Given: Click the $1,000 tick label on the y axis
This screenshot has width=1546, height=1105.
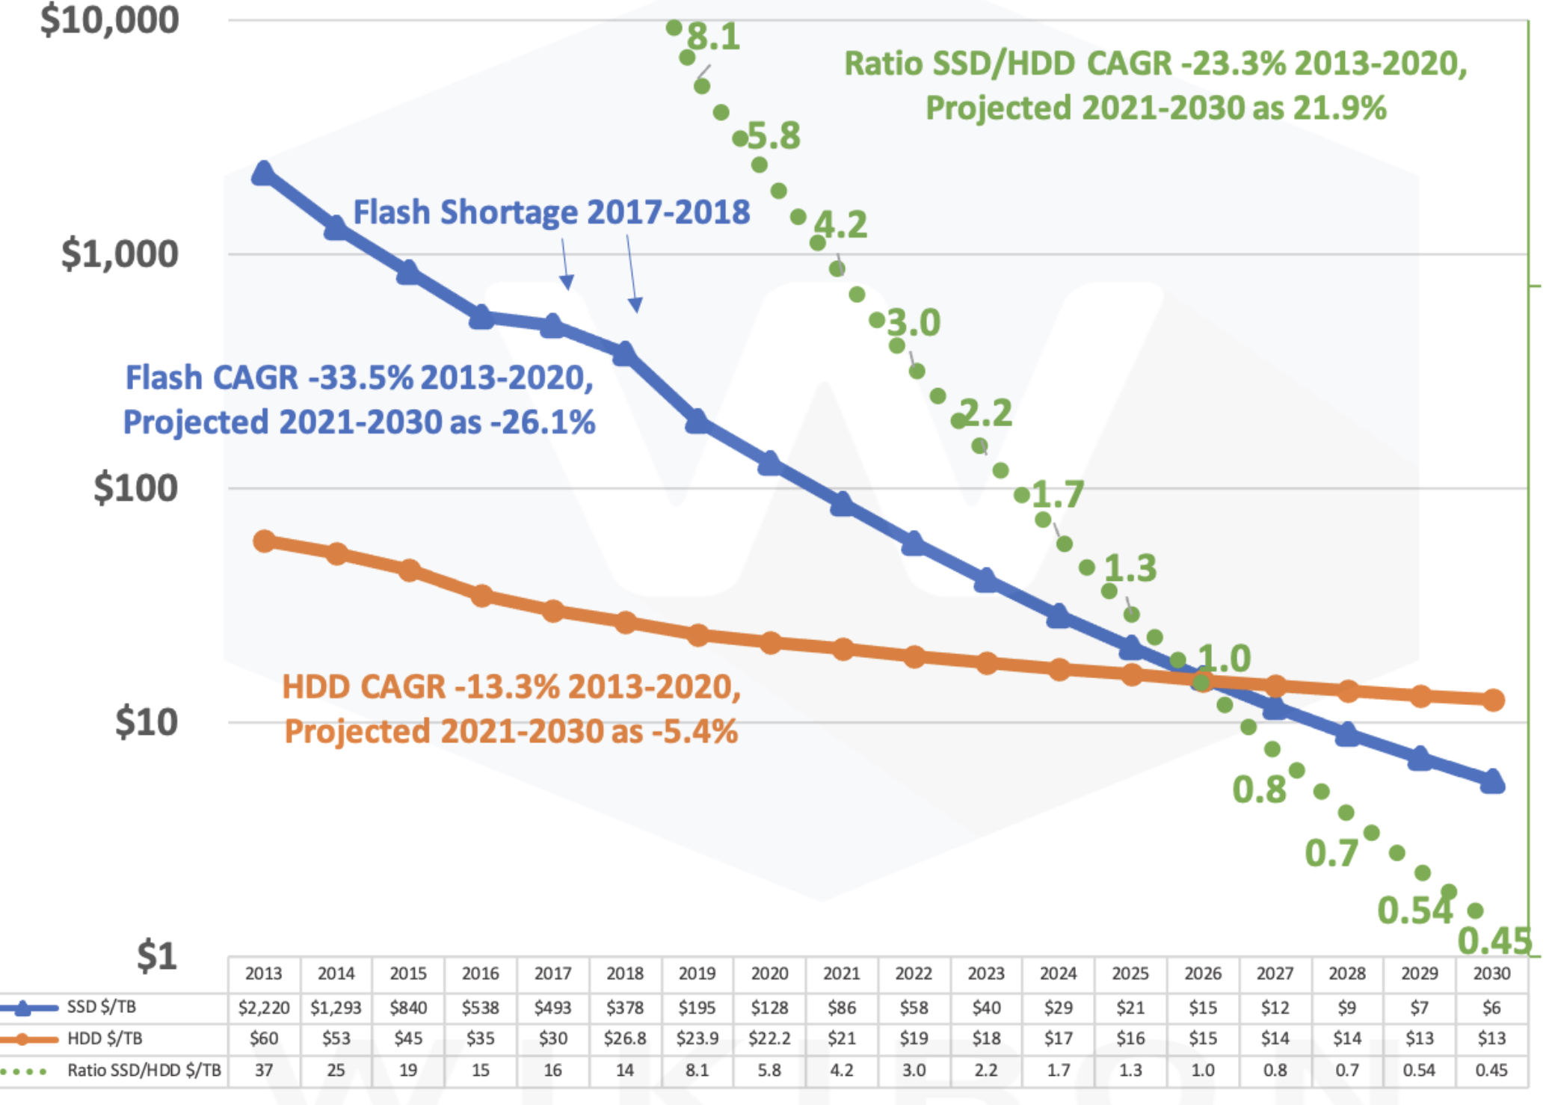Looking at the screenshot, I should click(x=120, y=254).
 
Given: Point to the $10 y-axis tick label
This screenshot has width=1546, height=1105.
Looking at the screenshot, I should click(x=146, y=722).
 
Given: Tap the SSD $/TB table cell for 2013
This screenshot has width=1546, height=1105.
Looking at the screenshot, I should click(x=264, y=1008).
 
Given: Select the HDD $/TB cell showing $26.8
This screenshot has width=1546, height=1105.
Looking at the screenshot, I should click(x=625, y=1038).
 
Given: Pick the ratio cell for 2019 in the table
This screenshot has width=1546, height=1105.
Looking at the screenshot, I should click(x=697, y=1070).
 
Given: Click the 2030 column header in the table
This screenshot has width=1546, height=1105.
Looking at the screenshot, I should click(x=1491, y=973).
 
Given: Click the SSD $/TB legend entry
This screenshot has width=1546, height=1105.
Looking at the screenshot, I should click(x=101, y=1007).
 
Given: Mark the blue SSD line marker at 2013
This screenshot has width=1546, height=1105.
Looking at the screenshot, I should click(x=263, y=173).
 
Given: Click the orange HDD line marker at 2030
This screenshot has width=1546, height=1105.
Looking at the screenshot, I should click(x=1493, y=700).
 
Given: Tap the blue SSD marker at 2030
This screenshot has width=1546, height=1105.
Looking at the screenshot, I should click(x=1492, y=782).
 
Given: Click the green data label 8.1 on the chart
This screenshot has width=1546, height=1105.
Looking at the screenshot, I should click(x=714, y=37).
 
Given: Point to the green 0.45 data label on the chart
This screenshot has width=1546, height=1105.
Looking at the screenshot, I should click(x=1494, y=941).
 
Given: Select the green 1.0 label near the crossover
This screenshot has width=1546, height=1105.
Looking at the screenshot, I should click(x=1224, y=659).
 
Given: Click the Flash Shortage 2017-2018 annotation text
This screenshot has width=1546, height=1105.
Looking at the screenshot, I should click(x=551, y=212).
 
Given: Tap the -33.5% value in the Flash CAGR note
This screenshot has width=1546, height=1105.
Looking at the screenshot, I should click(x=361, y=378).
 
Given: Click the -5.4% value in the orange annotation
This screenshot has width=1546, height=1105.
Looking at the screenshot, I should click(x=695, y=731).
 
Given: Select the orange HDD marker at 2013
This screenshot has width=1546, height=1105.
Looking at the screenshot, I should click(x=264, y=541).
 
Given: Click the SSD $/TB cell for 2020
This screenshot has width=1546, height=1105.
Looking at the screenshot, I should click(x=769, y=1008).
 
